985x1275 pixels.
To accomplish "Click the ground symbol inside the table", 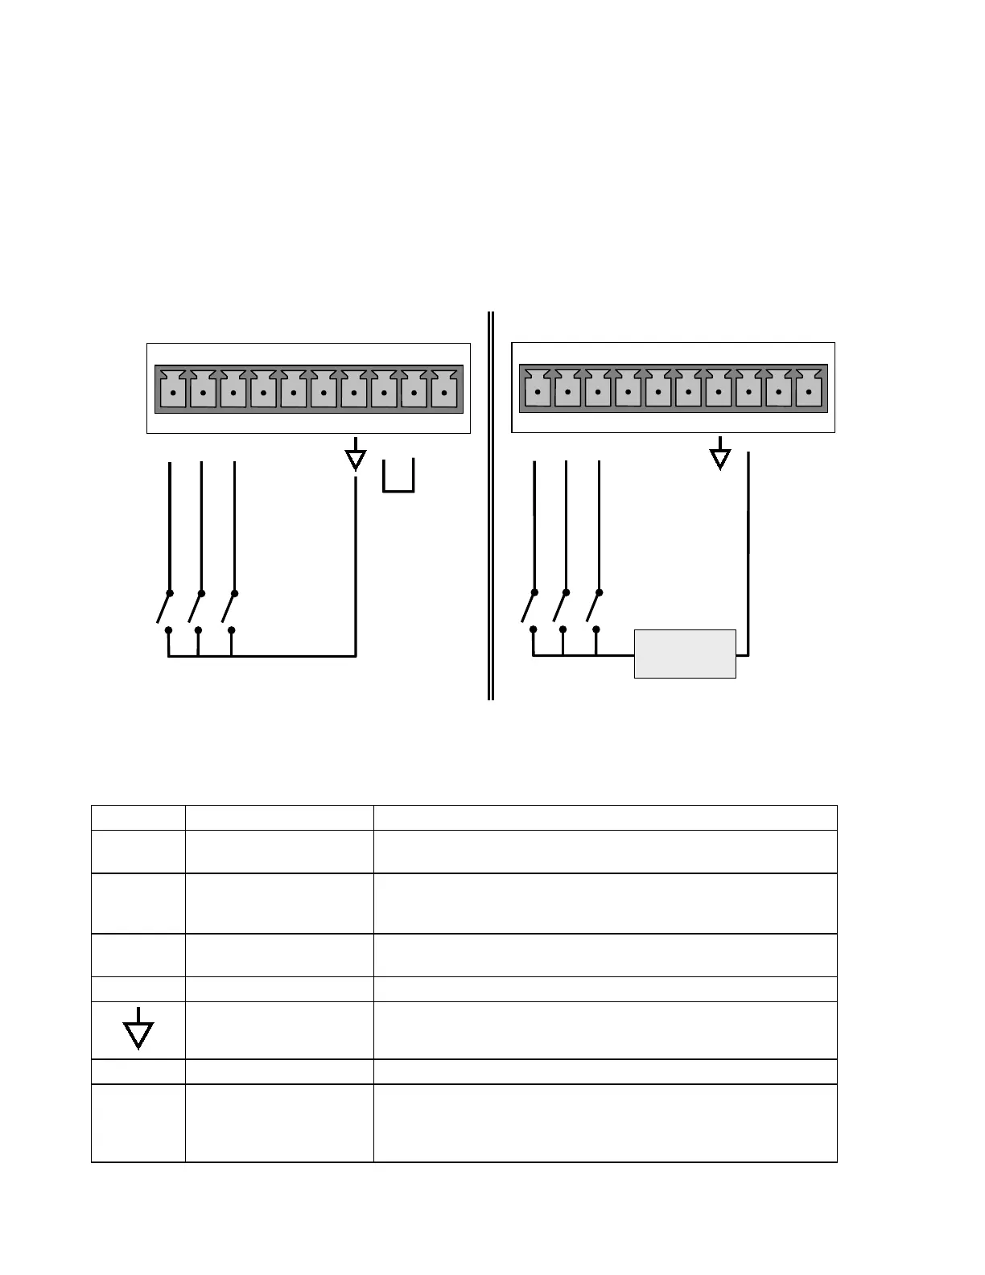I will coord(138,1029).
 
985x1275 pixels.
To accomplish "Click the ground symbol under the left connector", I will coord(355,459).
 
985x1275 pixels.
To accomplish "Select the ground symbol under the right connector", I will coord(720,456).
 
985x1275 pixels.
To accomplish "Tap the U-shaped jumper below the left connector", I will coord(398,478).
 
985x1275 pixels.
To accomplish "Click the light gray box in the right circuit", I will coord(685,654).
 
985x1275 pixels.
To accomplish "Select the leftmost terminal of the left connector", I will coord(173,392).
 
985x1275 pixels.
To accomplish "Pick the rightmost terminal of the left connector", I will coord(444,392).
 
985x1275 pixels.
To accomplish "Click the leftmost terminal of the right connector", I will coord(538,392).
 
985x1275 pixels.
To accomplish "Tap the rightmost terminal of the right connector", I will coord(809,392).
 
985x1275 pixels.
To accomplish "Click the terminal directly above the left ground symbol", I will coord(354,392).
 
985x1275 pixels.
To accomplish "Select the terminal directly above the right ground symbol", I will coord(719,392).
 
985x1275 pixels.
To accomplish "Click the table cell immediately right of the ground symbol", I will coord(279,1030).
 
